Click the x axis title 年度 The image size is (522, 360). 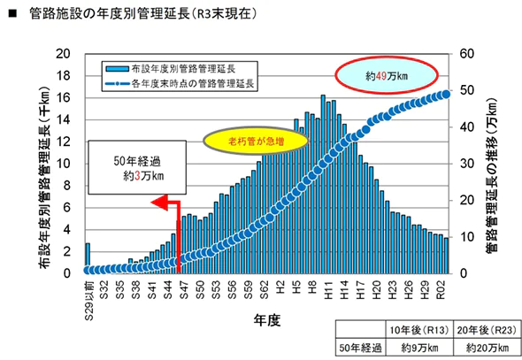(266, 320)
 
